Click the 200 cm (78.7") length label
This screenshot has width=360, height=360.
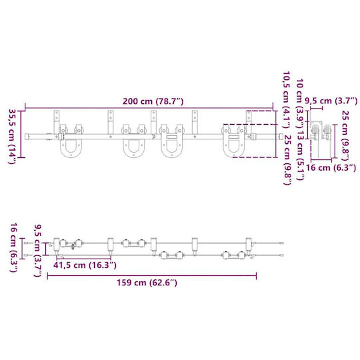pos(153,101)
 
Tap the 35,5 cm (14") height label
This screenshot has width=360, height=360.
pos(13,137)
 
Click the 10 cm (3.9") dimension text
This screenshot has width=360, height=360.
pos(301,107)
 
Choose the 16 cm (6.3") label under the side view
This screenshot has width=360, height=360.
pos(331,168)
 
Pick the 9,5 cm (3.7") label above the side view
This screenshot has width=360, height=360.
pos(331,101)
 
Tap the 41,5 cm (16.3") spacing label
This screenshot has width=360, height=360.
pos(85,265)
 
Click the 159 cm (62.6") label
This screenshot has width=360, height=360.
pos(147,283)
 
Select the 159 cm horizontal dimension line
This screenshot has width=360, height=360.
pos(152,276)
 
